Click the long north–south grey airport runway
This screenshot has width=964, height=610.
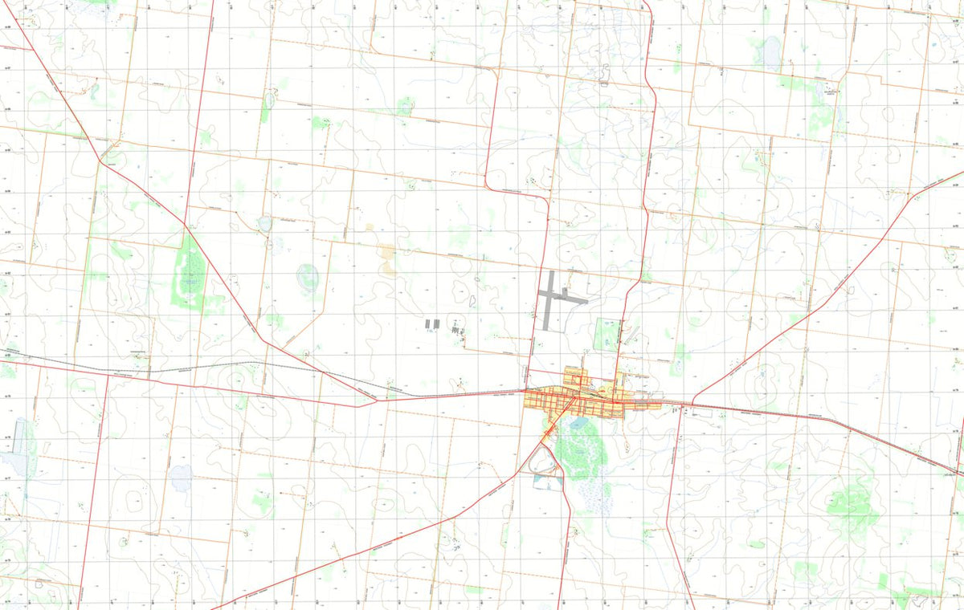tap(549, 301)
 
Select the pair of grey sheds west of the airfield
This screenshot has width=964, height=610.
tap(432, 323)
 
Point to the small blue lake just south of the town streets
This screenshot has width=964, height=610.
tap(578, 420)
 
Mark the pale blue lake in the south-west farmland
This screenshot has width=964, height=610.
tap(181, 478)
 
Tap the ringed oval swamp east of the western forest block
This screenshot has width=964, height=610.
tap(308, 279)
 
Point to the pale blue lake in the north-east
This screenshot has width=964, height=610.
tap(772, 52)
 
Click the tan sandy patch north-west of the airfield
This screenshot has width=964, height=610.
tap(388, 259)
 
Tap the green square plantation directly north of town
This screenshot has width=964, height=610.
tap(606, 333)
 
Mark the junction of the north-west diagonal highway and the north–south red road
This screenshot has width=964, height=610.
tap(185, 222)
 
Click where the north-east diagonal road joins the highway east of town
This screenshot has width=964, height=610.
tap(692, 401)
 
